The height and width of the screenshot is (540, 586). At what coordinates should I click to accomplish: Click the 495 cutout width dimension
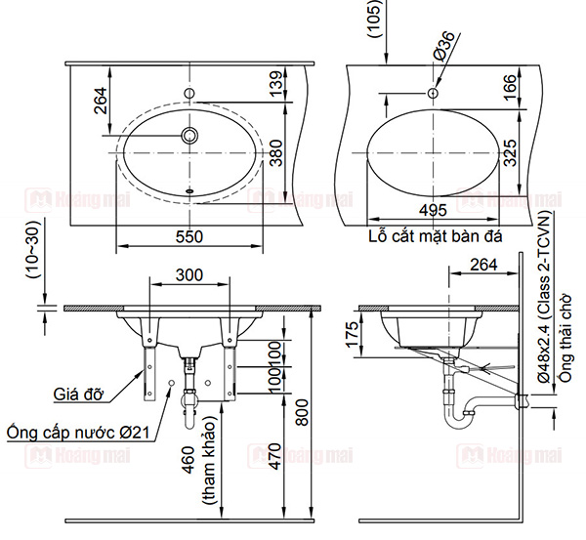pos(431,210)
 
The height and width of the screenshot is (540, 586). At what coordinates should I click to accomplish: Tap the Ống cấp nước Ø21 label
pos(77,431)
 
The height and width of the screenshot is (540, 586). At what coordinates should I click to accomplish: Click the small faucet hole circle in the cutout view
pos(430,92)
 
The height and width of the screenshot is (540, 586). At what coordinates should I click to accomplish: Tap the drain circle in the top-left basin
pos(190,134)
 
